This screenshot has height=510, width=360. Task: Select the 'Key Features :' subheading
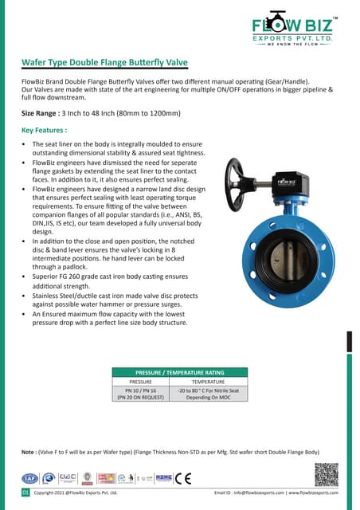[44, 129]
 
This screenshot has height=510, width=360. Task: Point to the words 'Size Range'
[42, 113]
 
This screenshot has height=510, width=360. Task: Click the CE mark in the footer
[186, 478]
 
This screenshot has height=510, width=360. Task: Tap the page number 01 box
[25, 493]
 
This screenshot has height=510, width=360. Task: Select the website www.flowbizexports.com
[313, 493]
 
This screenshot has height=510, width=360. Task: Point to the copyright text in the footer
[76, 493]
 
